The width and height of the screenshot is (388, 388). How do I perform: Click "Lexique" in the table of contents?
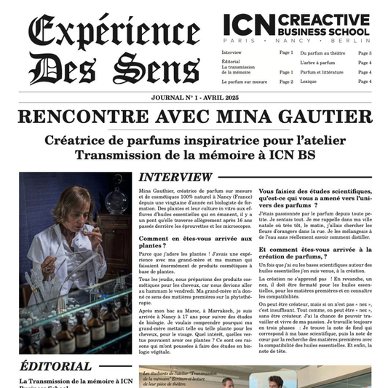coord(308,82)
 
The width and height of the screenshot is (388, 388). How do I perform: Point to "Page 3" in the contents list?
coord(365,53)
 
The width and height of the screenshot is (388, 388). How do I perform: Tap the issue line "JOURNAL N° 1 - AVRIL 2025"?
coord(194,98)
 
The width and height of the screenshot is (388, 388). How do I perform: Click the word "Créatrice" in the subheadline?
coord(76,140)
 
